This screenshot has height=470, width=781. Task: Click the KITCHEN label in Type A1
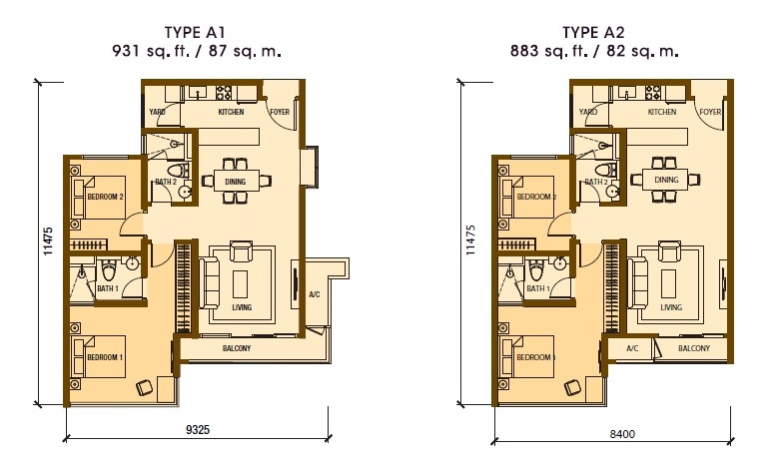point(231,113)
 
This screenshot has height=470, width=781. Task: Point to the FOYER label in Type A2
point(710,113)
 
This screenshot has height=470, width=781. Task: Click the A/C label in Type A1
point(314,293)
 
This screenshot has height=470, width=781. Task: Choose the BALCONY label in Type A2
point(693,348)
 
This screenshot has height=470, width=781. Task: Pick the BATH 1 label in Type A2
point(537,288)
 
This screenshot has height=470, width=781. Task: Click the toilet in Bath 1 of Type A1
point(107,269)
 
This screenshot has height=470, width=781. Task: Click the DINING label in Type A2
point(666,180)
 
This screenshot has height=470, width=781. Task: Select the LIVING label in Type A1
point(241,307)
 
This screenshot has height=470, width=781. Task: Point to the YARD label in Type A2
point(588,113)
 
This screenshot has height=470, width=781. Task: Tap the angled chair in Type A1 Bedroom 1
point(142,384)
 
